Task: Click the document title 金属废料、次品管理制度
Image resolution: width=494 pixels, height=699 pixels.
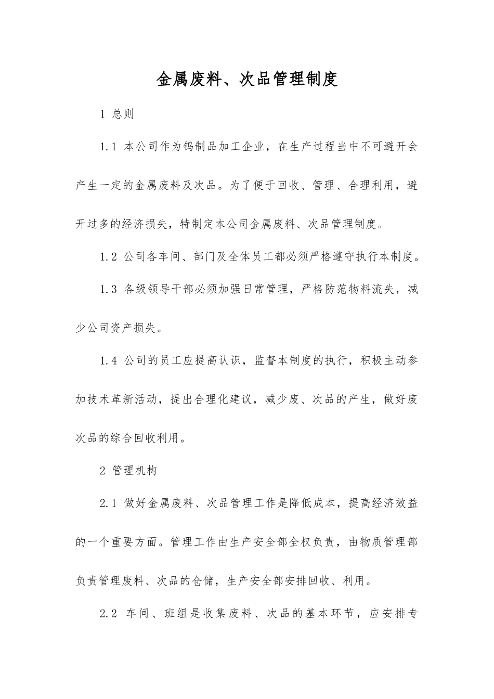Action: [247, 79]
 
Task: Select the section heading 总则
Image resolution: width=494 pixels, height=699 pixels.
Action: [123, 114]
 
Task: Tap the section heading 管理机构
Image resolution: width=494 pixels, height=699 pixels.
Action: [134, 471]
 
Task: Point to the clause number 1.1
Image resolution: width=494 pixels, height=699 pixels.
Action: [108, 147]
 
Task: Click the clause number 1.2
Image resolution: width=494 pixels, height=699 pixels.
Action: [108, 256]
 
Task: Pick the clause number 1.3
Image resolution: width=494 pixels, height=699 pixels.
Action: [108, 289]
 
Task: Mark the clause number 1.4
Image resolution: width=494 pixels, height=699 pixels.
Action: [108, 361]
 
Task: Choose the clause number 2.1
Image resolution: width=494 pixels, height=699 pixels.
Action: [108, 503]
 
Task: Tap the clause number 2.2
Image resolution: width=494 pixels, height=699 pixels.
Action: [108, 614]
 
